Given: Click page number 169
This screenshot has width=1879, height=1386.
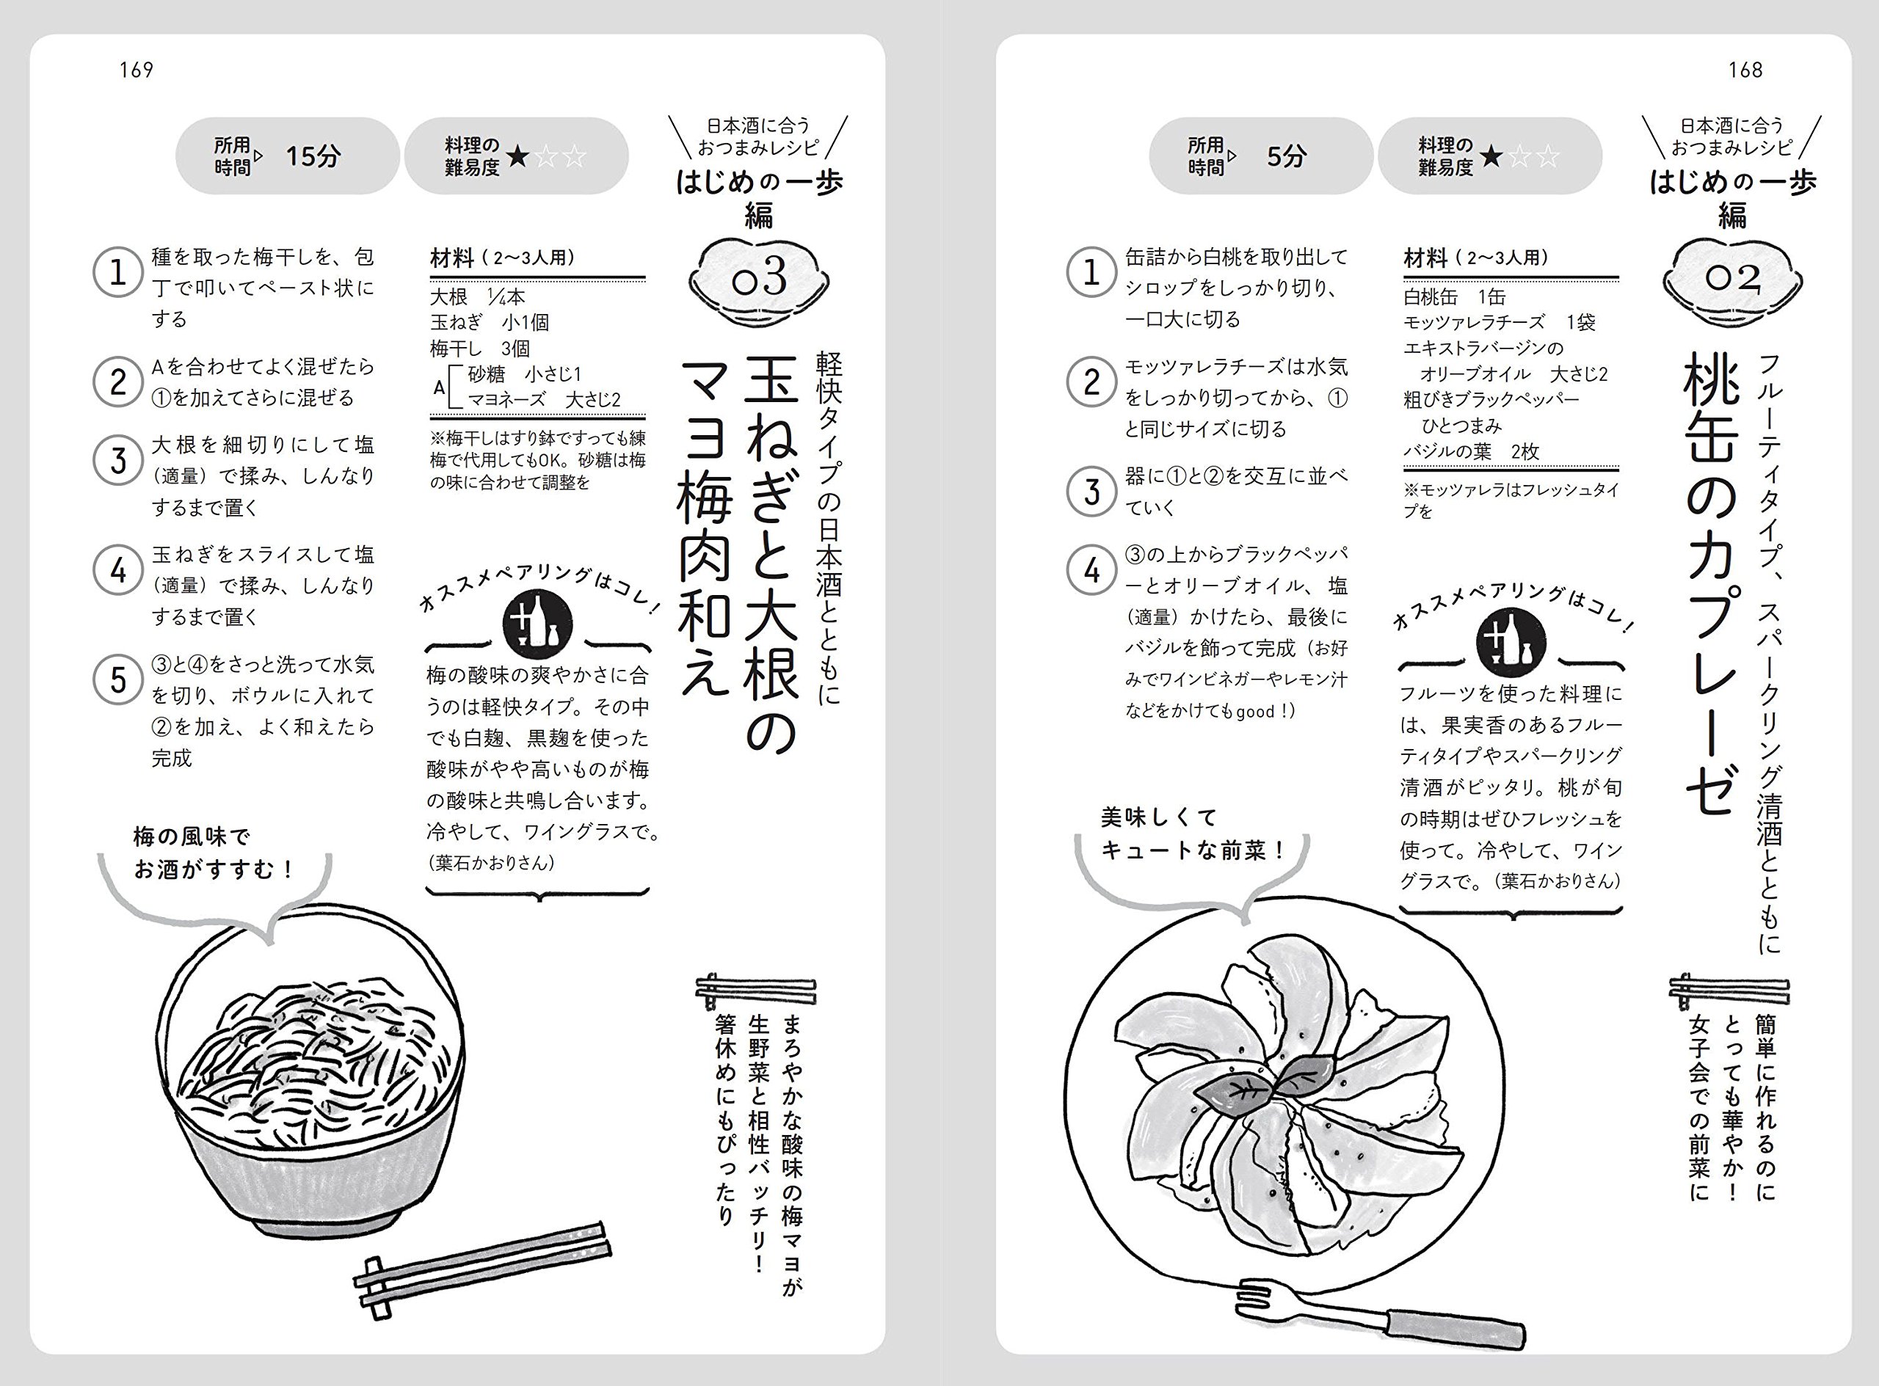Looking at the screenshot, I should point(136,70).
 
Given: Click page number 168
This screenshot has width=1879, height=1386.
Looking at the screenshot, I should point(1745,70).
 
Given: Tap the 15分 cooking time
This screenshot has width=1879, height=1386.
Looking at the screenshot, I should point(312,156).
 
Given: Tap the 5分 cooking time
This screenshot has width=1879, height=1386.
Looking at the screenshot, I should point(1286,156).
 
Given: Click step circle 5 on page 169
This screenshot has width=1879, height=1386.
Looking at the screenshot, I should point(117,679).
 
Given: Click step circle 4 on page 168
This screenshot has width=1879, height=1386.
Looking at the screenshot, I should point(1091,571).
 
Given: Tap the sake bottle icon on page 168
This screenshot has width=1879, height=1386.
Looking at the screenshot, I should point(1511,642).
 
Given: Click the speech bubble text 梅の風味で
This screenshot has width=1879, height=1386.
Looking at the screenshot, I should point(192,836).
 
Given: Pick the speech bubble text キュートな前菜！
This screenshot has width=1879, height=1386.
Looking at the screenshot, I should point(1193,850).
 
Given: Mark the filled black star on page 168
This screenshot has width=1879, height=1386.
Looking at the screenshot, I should point(1491,156).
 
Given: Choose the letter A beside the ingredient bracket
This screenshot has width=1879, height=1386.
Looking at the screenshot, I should point(439,388).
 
